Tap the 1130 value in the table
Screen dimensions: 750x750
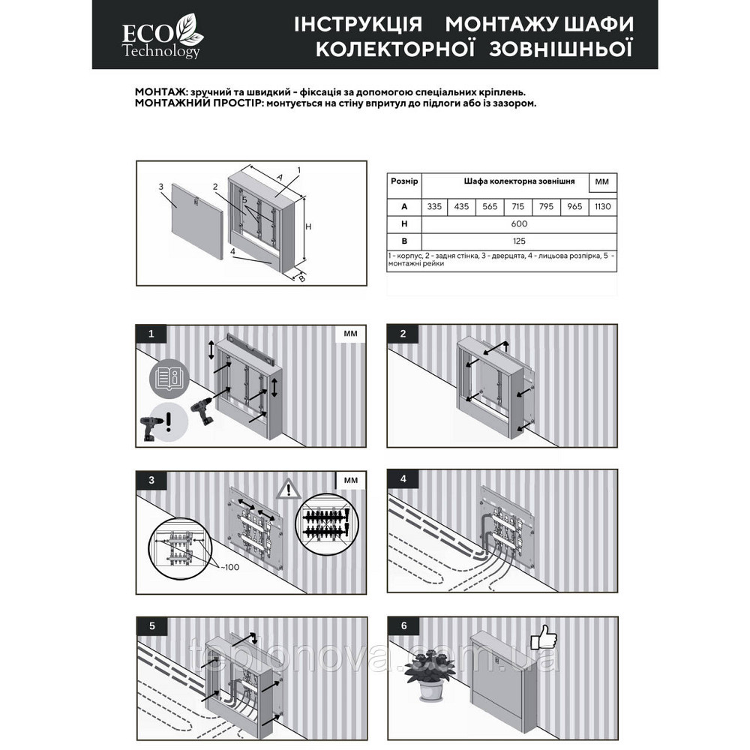tap(602, 206)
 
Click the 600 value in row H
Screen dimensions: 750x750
tap(519, 224)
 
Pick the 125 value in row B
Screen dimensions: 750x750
tap(519, 241)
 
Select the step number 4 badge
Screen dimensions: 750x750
tap(403, 478)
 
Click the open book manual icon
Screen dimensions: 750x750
tap(167, 379)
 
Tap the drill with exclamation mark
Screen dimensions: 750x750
tap(155, 427)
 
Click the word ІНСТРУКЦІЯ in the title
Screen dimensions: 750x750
tap(358, 25)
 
